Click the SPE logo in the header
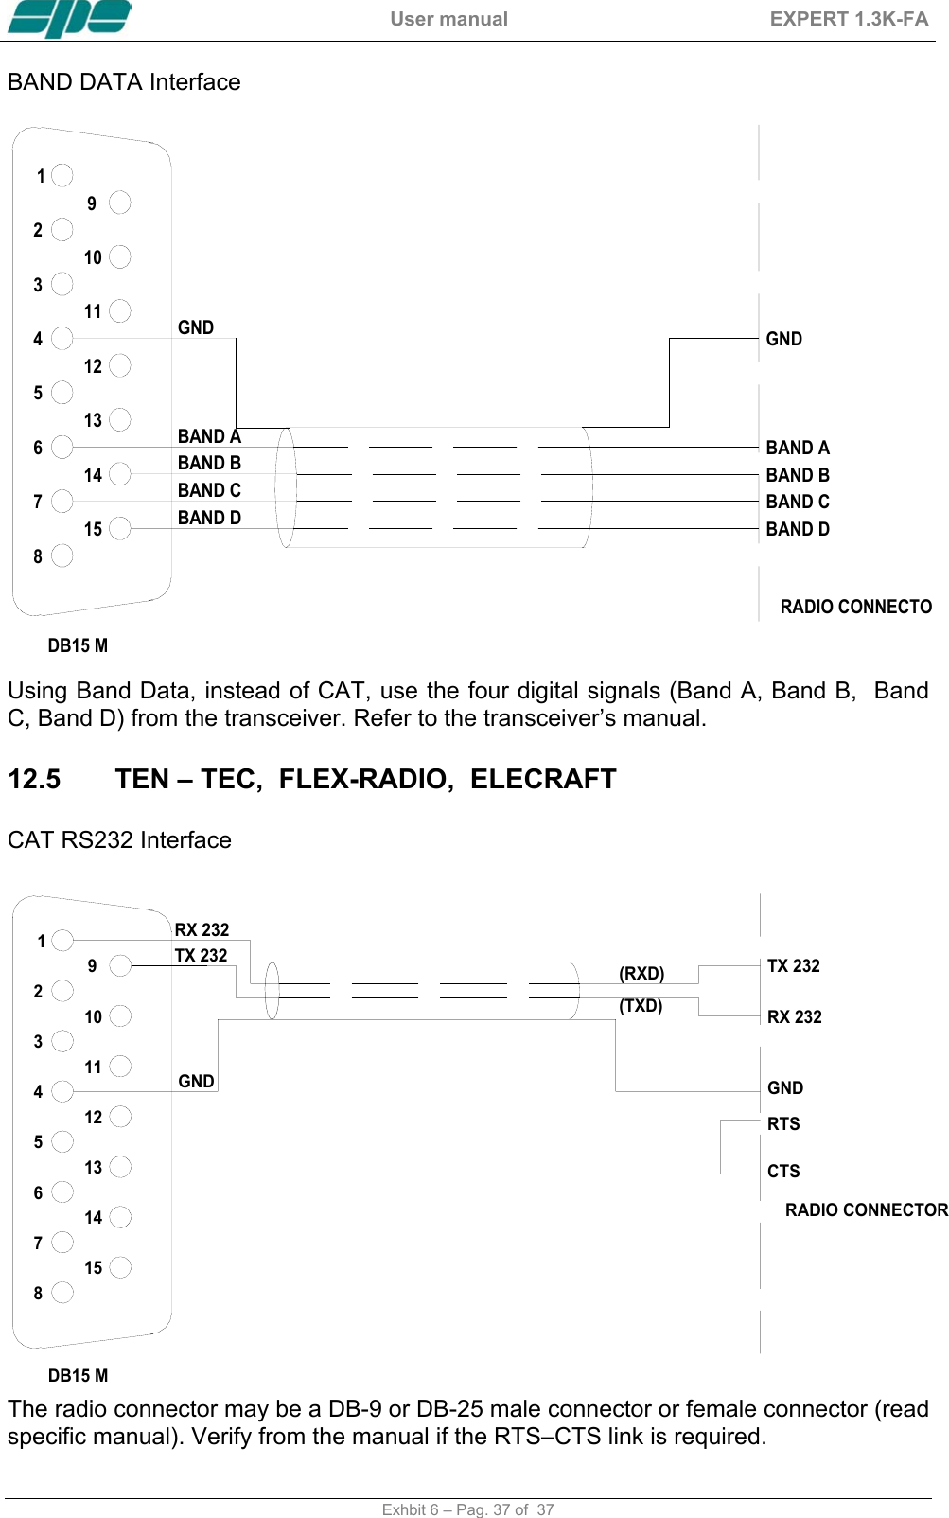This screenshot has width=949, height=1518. [69, 18]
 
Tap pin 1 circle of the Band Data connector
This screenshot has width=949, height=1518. [62, 175]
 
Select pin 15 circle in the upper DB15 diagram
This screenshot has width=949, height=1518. [120, 528]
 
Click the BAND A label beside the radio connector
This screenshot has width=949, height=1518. [797, 448]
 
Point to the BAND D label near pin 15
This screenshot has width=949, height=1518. [209, 518]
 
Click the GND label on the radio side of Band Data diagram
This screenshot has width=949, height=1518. [783, 339]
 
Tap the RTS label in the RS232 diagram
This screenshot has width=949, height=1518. [783, 1123]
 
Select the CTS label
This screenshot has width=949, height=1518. [783, 1171]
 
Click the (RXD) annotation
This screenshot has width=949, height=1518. [641, 974]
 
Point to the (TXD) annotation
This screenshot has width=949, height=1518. [641, 1005]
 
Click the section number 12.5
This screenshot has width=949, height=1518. [34, 779]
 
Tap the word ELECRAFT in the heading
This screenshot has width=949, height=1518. [543, 779]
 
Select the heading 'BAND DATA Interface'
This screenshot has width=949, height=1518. [124, 82]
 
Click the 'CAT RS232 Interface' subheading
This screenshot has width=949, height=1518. [119, 839]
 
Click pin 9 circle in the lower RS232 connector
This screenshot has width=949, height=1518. [120, 965]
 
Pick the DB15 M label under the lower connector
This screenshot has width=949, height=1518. [78, 1375]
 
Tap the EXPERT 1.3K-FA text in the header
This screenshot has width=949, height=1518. [849, 19]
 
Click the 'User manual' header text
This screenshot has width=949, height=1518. [448, 19]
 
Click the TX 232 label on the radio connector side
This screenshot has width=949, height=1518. [793, 965]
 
